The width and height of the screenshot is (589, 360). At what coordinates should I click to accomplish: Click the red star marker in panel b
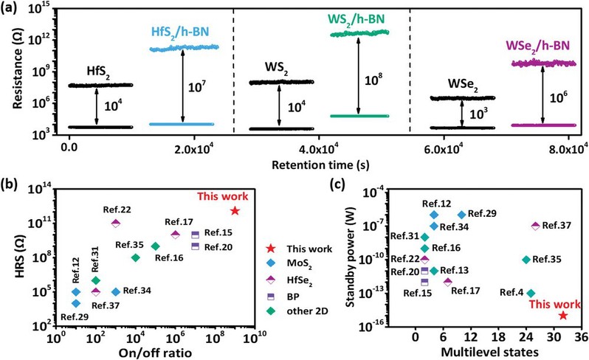[x=235, y=211]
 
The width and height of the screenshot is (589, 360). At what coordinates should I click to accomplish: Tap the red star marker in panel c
[x=563, y=315]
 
